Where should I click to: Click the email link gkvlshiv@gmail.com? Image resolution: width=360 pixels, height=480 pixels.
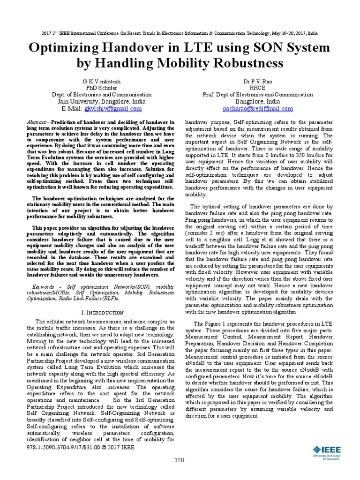(112, 108)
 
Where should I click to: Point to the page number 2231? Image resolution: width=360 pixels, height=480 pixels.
(180, 473)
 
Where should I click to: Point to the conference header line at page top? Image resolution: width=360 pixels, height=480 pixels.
(180, 34)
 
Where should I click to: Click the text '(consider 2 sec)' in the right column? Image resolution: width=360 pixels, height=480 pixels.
(210, 232)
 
